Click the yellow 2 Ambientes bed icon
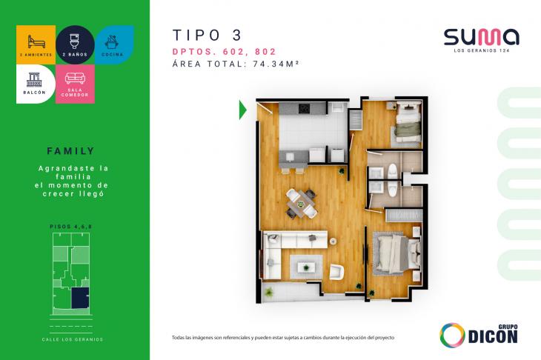pos(35,39)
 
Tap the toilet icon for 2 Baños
pos(75,39)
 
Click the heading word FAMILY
pos(75,149)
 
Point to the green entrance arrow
pos(242,110)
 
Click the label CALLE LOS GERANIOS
pos(73,339)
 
